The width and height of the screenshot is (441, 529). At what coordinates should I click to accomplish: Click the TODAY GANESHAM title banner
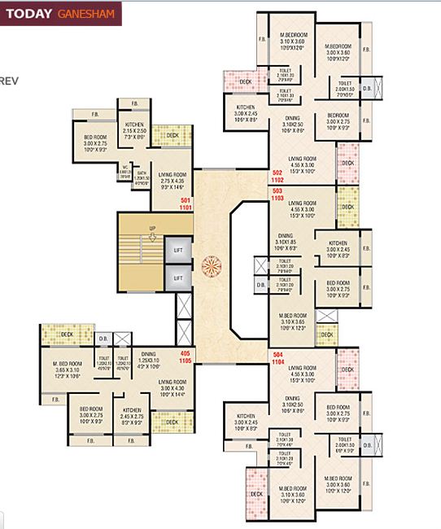pos(60,14)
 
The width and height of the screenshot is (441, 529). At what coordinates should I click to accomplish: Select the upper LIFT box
pos(178,251)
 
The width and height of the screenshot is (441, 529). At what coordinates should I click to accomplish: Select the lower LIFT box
pos(178,278)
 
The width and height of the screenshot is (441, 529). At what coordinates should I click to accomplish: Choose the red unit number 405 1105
pos(184,356)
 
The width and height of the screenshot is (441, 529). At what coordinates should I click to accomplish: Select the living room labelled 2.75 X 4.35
pos(175,181)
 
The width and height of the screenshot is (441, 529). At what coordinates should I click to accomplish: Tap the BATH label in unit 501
pos(142,174)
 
